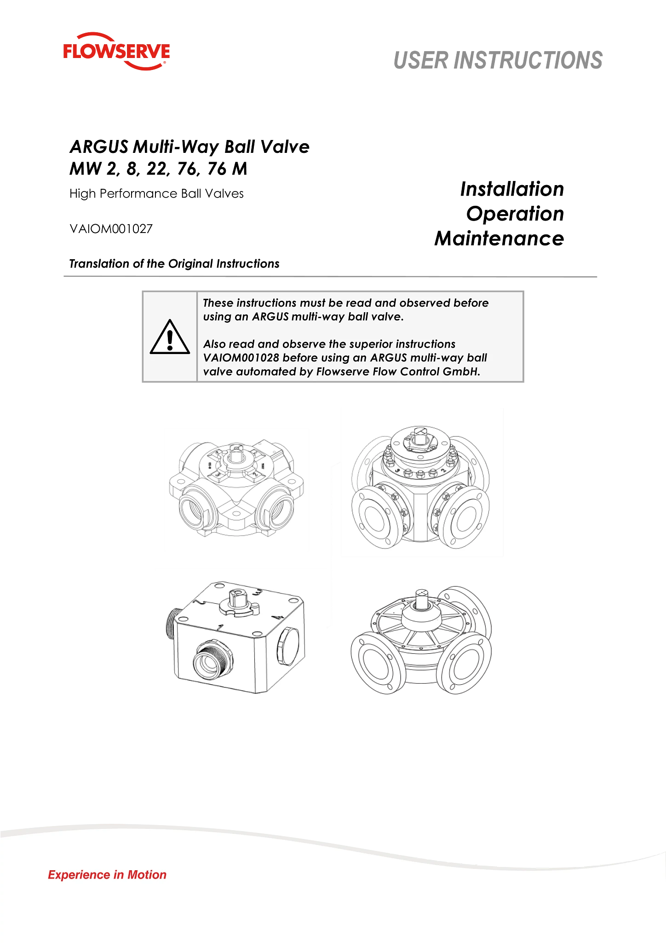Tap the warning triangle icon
click(x=170, y=337)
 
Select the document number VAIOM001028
click(x=241, y=358)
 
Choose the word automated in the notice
click(x=265, y=372)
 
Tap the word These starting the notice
click(x=218, y=303)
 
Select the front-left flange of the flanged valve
click(x=376, y=517)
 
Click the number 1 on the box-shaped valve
click(x=220, y=627)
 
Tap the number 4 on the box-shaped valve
click(x=275, y=617)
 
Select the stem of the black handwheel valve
click(x=423, y=598)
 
